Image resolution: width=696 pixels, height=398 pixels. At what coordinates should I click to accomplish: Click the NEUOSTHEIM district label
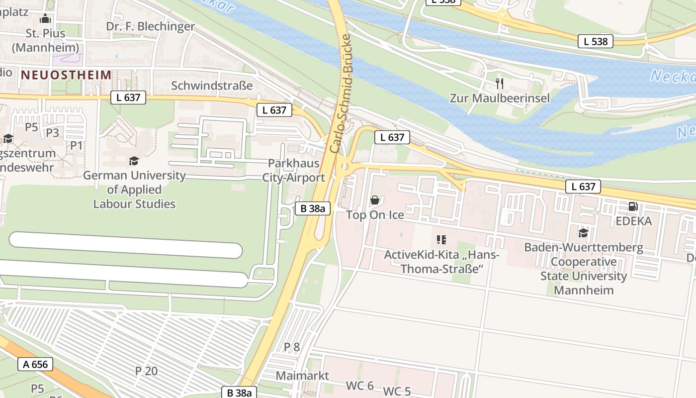pyautogui.click(x=66, y=75)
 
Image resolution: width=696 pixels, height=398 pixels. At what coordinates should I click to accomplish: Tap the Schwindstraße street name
pyautogui.click(x=212, y=86)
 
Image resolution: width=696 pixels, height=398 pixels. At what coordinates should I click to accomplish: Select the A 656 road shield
pyautogui.click(x=35, y=364)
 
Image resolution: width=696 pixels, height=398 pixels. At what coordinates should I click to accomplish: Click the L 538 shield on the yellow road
pyautogui.click(x=595, y=42)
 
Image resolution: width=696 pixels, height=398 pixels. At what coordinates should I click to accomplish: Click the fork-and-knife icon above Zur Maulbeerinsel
pyautogui.click(x=500, y=83)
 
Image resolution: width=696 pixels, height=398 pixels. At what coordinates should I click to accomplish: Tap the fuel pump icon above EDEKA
pyautogui.click(x=633, y=206)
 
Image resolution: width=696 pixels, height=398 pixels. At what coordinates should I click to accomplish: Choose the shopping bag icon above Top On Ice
pyautogui.click(x=375, y=200)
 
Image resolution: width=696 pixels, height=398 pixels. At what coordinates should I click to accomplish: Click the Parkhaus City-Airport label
pyautogui.click(x=293, y=170)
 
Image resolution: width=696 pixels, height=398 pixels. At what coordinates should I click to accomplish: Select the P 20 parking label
pyautogui.click(x=146, y=371)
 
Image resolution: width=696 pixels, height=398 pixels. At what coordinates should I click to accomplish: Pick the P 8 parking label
pyautogui.click(x=292, y=347)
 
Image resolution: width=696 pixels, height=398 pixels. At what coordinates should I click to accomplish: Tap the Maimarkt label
pyautogui.click(x=302, y=376)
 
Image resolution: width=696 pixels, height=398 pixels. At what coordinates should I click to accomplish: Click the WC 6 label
pyautogui.click(x=360, y=386)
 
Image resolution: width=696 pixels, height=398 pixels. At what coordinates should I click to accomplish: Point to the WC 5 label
pyautogui.click(x=397, y=392)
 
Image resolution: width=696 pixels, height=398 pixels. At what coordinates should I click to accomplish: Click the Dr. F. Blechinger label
pyautogui.click(x=151, y=26)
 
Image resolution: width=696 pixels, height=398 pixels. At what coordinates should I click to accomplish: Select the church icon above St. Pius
pyautogui.click(x=46, y=19)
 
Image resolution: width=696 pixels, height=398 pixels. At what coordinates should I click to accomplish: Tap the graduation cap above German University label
pyautogui.click(x=134, y=161)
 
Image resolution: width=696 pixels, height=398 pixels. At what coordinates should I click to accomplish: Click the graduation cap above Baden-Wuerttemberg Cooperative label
pyautogui.click(x=583, y=233)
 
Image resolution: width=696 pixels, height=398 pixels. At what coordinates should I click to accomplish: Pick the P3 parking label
pyautogui.click(x=53, y=133)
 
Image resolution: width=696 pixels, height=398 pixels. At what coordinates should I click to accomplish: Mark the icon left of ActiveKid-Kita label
pyautogui.click(x=441, y=240)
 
